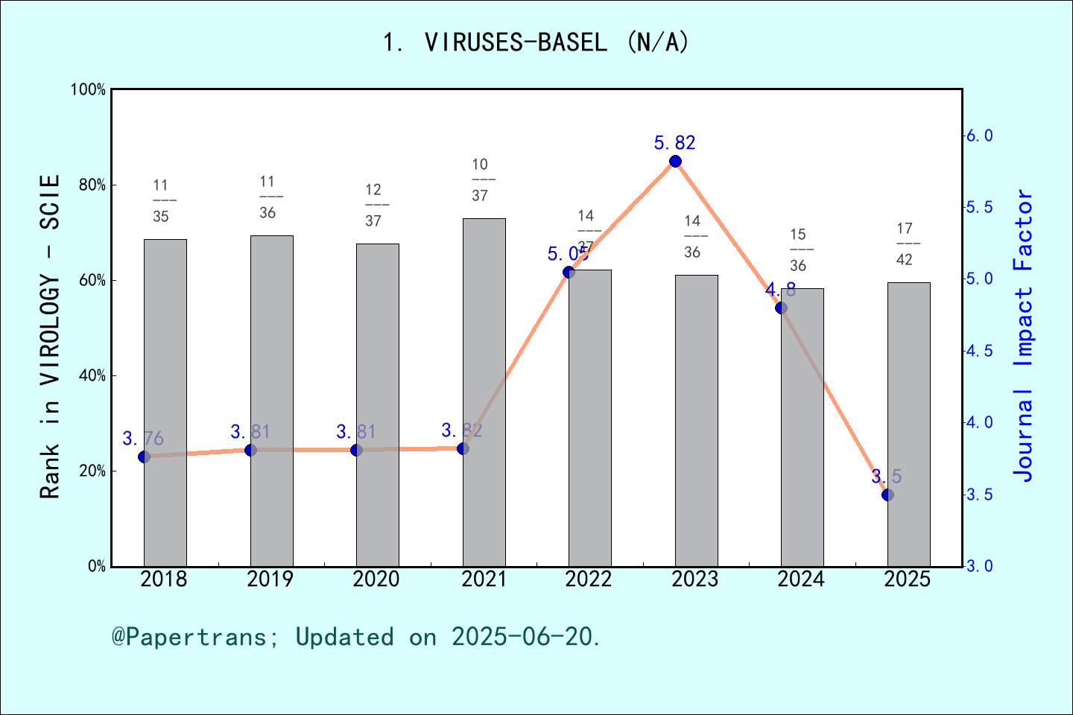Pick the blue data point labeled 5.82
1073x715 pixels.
click(675, 162)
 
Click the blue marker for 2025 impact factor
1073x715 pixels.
click(887, 495)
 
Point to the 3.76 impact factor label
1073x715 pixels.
click(143, 439)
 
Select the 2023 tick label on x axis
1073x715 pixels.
click(694, 579)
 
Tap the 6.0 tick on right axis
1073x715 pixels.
click(980, 136)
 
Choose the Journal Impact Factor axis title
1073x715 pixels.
click(1025, 335)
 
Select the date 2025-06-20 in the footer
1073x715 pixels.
click(525, 637)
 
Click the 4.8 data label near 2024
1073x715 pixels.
click(780, 290)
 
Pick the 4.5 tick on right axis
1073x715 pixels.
click(980, 351)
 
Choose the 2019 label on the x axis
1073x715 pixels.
click(270, 579)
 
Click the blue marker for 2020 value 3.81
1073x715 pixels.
click(356, 450)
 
